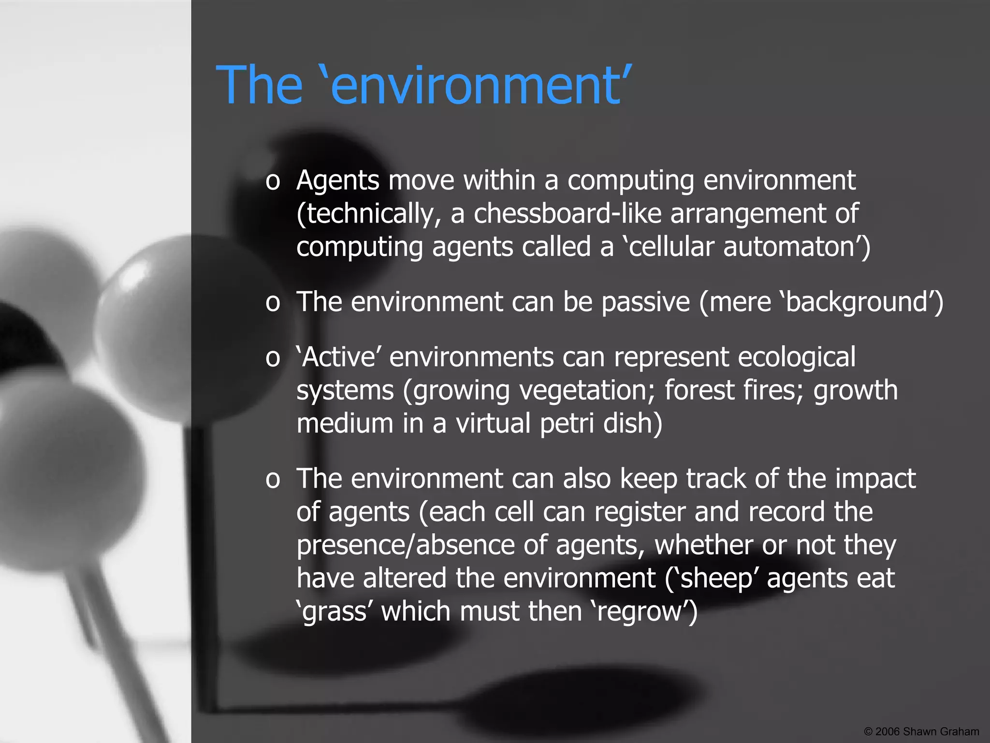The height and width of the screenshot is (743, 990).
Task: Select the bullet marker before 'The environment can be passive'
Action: coord(273,303)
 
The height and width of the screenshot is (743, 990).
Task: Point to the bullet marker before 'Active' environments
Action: coord(273,358)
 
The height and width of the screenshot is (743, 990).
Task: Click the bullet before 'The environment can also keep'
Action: coord(273,480)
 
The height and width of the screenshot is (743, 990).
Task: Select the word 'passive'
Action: coord(645,303)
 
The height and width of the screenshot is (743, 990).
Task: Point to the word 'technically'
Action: coord(369,214)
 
